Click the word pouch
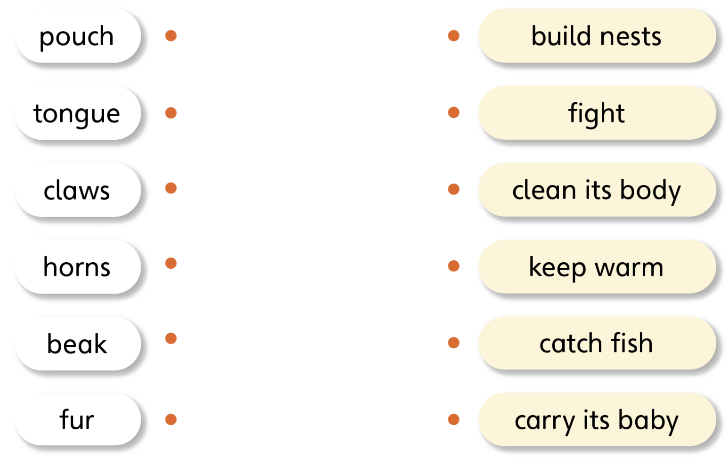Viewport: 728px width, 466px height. click(76, 37)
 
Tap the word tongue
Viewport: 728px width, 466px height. click(76, 114)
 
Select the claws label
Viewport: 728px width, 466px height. click(77, 190)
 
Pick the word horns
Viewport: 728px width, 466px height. click(77, 267)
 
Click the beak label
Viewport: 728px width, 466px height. click(77, 343)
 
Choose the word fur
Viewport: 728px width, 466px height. click(77, 419)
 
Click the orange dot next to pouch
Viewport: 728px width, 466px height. click(171, 36)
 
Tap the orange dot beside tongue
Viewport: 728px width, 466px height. click(171, 113)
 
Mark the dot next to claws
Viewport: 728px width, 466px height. click(171, 188)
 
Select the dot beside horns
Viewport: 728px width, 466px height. click(171, 263)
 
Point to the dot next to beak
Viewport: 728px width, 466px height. click(171, 338)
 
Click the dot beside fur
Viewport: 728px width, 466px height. click(171, 419)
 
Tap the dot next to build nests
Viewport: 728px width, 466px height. click(453, 36)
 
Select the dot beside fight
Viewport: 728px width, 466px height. click(453, 112)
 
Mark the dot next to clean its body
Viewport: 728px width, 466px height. click(453, 189)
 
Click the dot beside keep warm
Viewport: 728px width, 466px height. click(453, 266)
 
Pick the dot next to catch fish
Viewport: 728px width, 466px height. click(453, 343)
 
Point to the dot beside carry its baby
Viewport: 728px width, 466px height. click(453, 419)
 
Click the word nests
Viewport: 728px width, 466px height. click(631, 37)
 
